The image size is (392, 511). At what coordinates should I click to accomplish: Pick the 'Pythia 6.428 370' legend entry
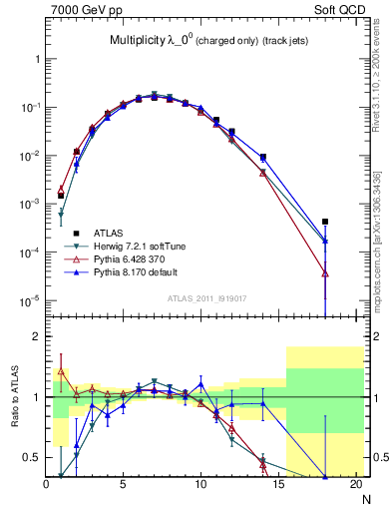pos(128,257)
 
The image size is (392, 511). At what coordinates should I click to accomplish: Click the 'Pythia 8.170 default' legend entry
pos(135,270)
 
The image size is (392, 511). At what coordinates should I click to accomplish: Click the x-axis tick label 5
pos(123,485)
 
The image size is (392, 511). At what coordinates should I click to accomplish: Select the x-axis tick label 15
pos(277,485)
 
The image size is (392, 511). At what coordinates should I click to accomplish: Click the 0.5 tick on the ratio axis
pos(34,457)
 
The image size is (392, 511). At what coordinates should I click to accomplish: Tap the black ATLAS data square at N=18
pos(325,222)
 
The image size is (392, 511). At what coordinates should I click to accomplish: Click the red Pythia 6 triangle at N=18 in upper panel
pos(325,272)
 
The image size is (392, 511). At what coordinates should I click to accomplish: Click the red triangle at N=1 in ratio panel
pos(60,371)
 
